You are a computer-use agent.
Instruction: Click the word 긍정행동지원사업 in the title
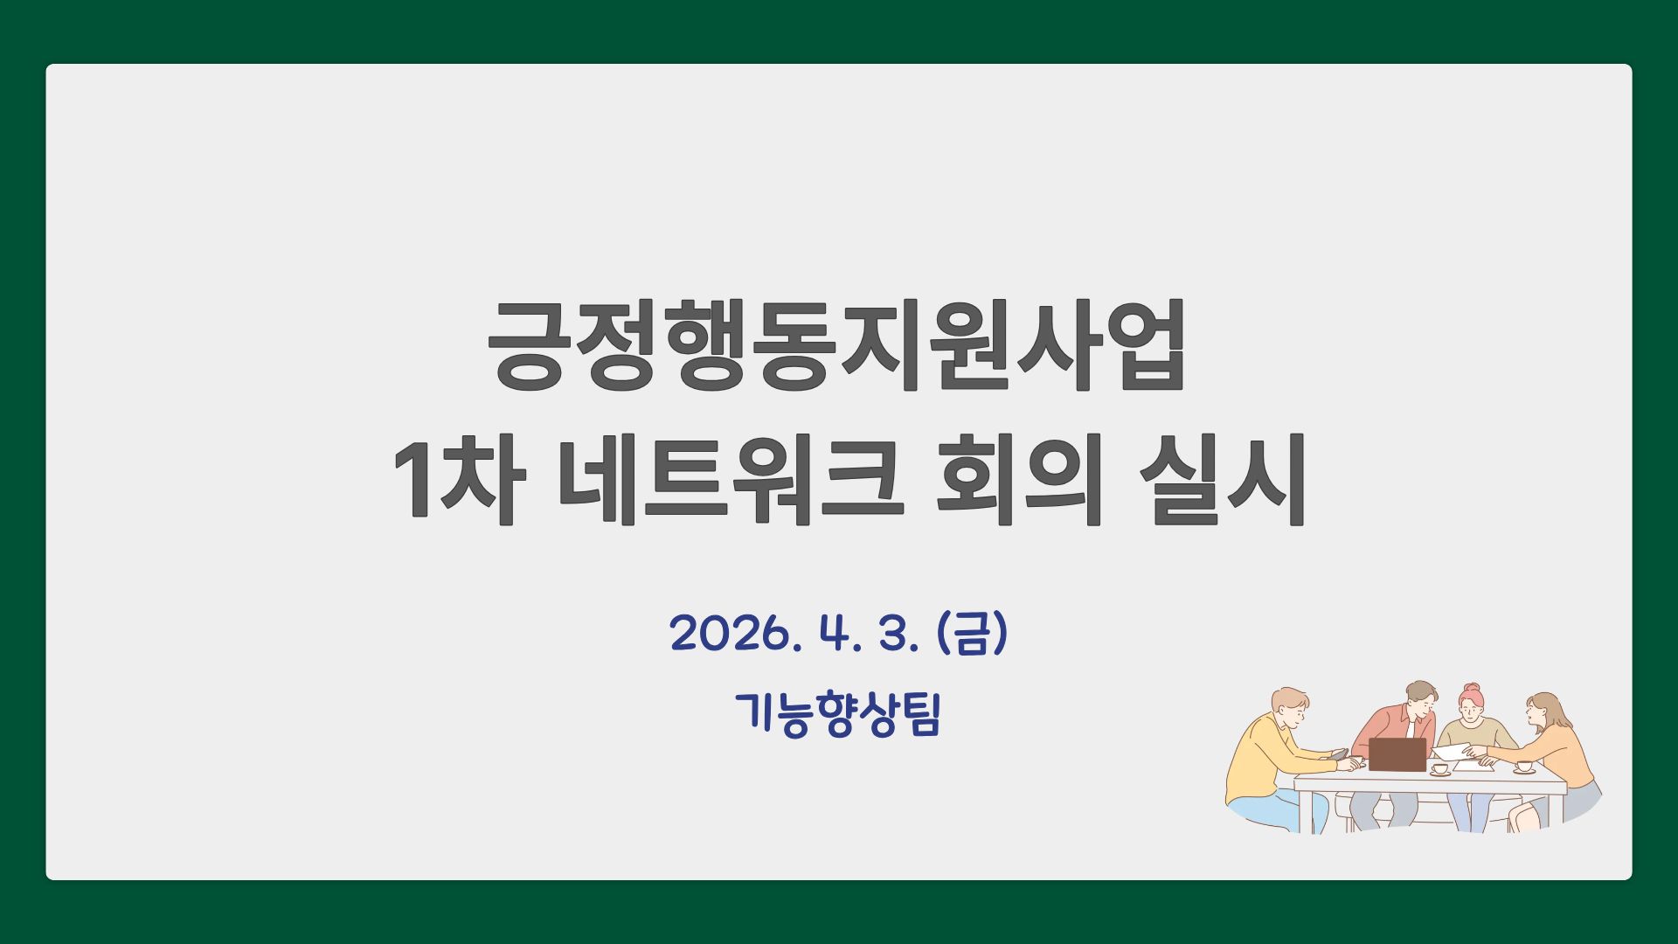point(836,345)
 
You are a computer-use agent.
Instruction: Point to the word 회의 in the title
point(1017,480)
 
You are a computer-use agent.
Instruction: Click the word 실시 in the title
point(1222,480)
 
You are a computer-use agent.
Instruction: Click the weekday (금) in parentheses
point(973,633)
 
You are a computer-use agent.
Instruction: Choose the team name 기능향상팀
point(838,714)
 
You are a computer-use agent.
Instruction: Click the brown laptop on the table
point(1397,754)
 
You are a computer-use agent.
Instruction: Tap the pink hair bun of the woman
point(1472,689)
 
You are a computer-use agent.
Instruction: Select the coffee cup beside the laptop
point(1439,769)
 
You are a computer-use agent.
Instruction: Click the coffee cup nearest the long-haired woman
point(1524,767)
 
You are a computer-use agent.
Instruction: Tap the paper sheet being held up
point(1454,753)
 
